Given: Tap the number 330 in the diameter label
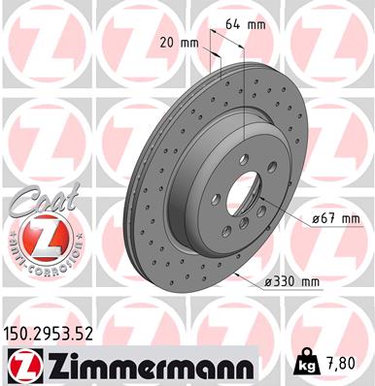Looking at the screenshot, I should click(287, 282).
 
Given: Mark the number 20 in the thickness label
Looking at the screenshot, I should click(164, 44).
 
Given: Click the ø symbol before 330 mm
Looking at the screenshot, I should click(267, 282).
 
